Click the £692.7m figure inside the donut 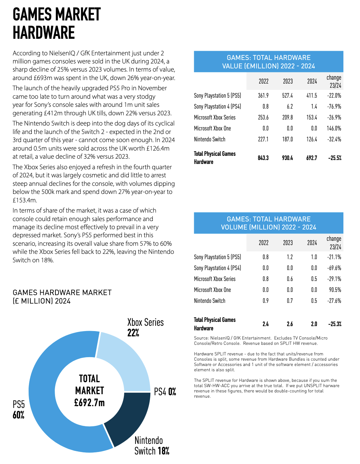pos(89,403)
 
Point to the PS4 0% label pos(165,392)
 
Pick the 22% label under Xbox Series pos(133,333)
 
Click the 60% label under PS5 pos(18,415)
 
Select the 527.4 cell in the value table pos(287,96)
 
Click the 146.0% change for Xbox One pos(334,128)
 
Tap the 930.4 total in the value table pos(287,158)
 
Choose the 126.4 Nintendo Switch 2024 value pos(312,139)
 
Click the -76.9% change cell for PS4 pos(334,106)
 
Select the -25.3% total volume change pos(335,324)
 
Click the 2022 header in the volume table pos(263,243)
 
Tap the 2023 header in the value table pos(288,81)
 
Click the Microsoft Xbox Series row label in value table pos(215,117)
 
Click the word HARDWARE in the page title pos(44,33)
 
